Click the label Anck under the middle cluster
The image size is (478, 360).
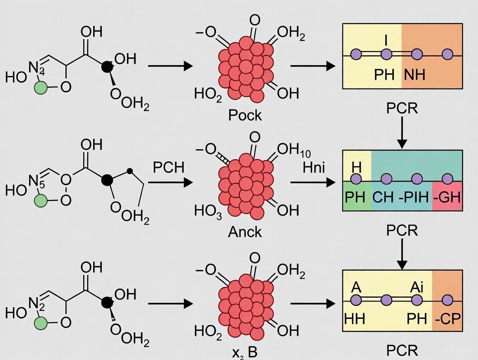tap(245, 231)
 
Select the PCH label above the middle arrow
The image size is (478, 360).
tap(169, 167)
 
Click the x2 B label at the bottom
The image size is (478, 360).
tap(245, 351)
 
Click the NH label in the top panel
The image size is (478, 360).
tap(414, 74)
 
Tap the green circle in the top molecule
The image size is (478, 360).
tap(41, 88)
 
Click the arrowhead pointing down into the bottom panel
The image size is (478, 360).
tap(402, 265)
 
